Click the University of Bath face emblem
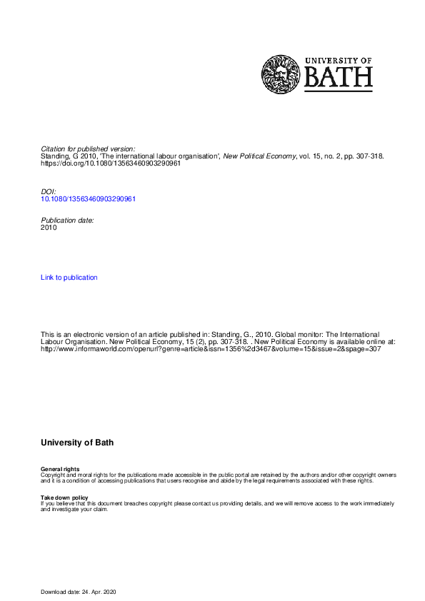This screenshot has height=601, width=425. click(x=281, y=75)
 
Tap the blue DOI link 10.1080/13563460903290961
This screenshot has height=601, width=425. click(x=89, y=198)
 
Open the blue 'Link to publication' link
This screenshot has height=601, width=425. click(x=69, y=277)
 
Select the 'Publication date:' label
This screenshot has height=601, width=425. click(x=67, y=221)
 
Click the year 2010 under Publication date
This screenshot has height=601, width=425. click(x=49, y=228)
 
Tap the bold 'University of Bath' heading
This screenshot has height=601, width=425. click(x=77, y=443)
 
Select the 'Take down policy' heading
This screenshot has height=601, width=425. click(x=64, y=498)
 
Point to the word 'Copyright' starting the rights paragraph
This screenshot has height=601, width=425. click(x=54, y=475)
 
